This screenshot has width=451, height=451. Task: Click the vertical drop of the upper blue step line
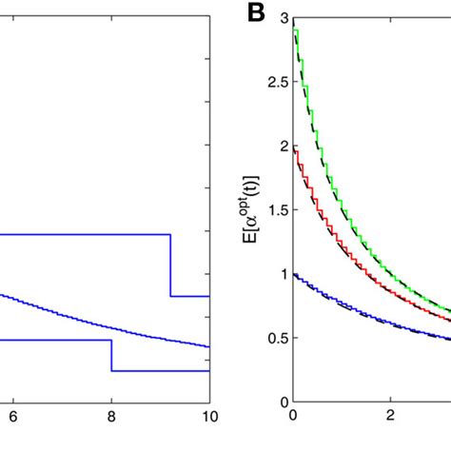click(171, 265)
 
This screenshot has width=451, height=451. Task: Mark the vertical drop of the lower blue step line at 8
click(111, 354)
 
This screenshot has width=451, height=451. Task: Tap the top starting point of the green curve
click(294, 30)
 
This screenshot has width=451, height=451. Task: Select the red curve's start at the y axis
click(294, 149)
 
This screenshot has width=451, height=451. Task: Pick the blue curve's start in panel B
click(294, 275)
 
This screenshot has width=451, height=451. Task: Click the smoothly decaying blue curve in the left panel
click(95, 322)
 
